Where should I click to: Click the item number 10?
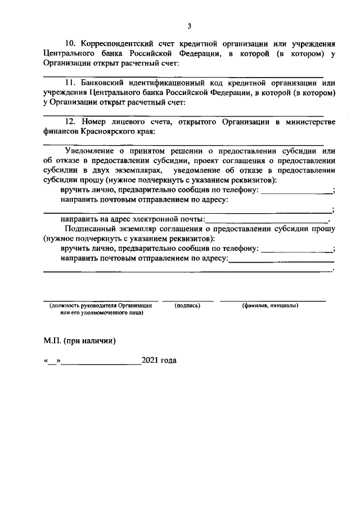(x=71, y=43)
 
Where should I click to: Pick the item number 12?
(x=71, y=122)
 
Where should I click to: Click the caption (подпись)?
(x=187, y=305)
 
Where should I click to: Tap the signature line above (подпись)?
(x=187, y=300)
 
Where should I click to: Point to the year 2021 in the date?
(x=151, y=361)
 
